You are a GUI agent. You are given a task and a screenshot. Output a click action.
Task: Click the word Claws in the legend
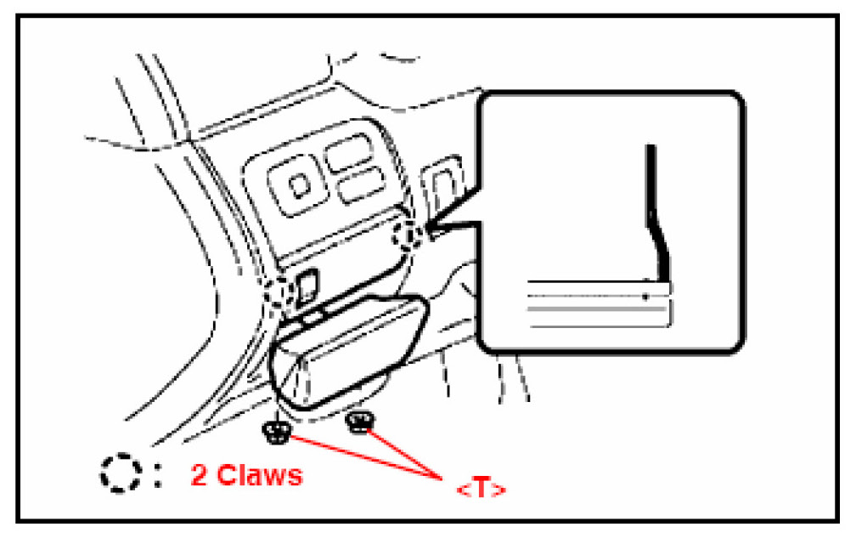[x=260, y=474]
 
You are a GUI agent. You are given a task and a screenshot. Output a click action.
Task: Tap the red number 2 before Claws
[x=200, y=474]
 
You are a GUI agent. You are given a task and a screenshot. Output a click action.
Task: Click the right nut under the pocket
[x=359, y=421]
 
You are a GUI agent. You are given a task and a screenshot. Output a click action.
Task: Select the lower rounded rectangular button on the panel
[x=359, y=187]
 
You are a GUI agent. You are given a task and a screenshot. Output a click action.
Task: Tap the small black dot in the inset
[x=646, y=296]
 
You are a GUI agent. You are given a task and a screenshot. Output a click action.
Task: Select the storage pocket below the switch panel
[x=348, y=348]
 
